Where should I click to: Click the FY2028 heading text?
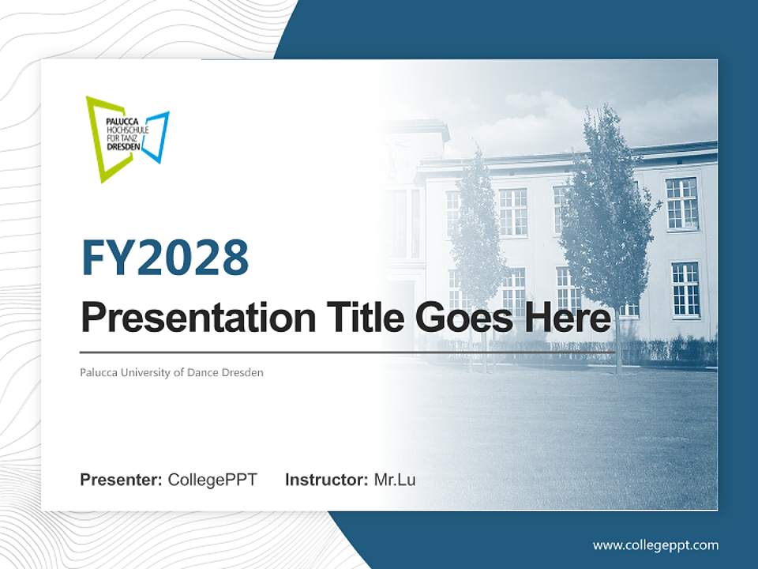click(165, 258)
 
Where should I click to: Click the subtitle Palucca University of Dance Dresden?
click(171, 371)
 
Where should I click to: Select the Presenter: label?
click(122, 480)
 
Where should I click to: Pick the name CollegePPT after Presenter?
click(212, 480)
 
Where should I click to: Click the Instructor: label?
click(326, 480)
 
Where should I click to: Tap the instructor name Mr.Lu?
click(395, 480)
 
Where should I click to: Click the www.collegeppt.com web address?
click(655, 545)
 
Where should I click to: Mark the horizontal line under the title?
click(347, 352)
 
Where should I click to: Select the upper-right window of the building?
click(681, 203)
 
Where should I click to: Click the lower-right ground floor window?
click(685, 288)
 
